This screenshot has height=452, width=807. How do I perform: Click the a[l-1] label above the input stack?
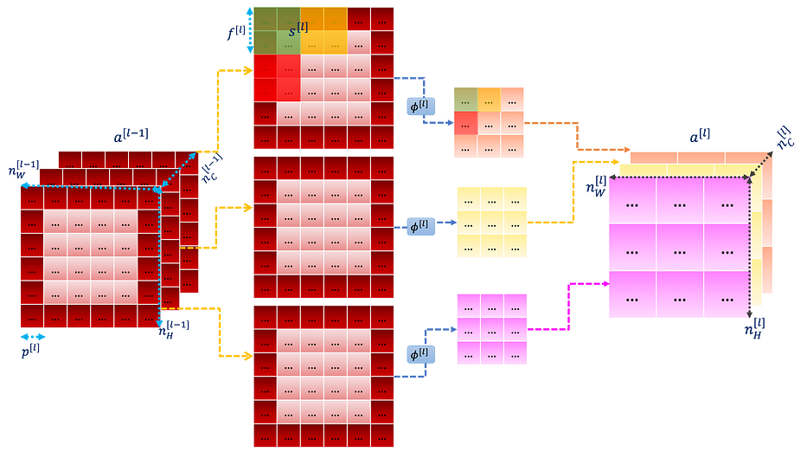(x=131, y=136)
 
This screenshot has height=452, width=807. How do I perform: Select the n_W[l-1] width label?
(x=23, y=170)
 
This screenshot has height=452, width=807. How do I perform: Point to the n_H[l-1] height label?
(x=174, y=329)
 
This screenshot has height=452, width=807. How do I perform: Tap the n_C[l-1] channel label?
(x=210, y=167)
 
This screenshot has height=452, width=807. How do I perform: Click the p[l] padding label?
(x=30, y=351)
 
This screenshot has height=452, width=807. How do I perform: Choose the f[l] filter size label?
(x=236, y=32)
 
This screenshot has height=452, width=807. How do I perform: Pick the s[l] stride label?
(x=298, y=29)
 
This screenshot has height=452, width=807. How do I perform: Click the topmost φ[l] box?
(x=421, y=107)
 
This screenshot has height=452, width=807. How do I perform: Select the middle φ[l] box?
(x=421, y=226)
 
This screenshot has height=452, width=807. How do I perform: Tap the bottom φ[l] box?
(x=421, y=354)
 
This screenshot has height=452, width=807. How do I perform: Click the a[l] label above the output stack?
(x=700, y=137)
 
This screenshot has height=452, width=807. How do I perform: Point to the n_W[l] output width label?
(x=596, y=186)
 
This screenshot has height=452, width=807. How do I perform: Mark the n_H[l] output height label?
(x=754, y=328)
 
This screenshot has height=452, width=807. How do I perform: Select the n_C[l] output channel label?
(x=785, y=138)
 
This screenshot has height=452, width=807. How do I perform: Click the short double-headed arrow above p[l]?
(x=33, y=337)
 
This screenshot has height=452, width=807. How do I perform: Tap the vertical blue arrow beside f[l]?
(x=250, y=30)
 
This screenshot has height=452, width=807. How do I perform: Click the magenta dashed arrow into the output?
(x=569, y=307)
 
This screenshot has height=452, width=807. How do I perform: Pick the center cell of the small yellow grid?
(x=492, y=223)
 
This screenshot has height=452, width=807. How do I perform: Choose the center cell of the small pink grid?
(x=492, y=329)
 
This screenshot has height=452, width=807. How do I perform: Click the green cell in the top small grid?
(x=465, y=100)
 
